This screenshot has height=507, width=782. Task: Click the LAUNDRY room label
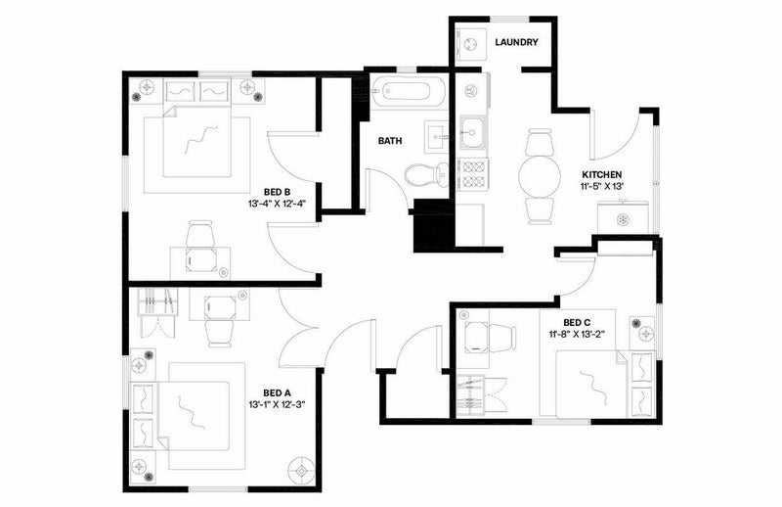point(517,42)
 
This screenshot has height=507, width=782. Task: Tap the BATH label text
point(390,141)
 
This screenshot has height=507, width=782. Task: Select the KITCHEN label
point(602,175)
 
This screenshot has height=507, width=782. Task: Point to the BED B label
point(278,192)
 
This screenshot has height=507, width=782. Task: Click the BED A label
point(277,393)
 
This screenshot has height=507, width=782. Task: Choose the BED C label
point(577,323)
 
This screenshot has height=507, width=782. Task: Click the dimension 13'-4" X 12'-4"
point(277,204)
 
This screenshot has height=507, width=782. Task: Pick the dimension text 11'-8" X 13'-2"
point(577,335)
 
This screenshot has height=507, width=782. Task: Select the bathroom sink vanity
point(436,136)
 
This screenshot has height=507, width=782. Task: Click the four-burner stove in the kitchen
point(473,174)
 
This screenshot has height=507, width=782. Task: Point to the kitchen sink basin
point(472,132)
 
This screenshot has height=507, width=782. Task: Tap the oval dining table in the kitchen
point(541,176)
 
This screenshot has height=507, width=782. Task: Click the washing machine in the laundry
point(471,44)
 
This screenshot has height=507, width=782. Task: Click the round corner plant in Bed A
point(302,470)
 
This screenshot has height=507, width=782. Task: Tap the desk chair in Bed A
point(220,333)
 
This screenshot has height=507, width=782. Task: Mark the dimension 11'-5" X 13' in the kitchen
point(602,187)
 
